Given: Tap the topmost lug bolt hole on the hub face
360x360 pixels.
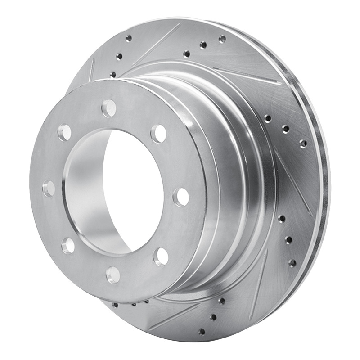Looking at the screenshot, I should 109,108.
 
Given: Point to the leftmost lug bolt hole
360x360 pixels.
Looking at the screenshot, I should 49,188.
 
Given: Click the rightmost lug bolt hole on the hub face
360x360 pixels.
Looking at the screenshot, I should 181,197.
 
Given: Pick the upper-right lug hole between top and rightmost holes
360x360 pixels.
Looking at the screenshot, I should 158,133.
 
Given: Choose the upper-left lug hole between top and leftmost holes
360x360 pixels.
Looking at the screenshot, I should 64,132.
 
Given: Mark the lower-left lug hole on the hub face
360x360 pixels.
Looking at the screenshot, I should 68,245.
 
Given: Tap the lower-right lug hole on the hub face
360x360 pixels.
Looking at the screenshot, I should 161,256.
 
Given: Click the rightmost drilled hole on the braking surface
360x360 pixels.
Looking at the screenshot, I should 303,144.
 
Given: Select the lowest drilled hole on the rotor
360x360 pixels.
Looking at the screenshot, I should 202,332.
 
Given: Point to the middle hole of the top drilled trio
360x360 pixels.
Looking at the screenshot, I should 203,45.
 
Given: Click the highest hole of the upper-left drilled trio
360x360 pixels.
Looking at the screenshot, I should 129,38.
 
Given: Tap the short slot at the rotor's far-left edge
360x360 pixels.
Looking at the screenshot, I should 92,71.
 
